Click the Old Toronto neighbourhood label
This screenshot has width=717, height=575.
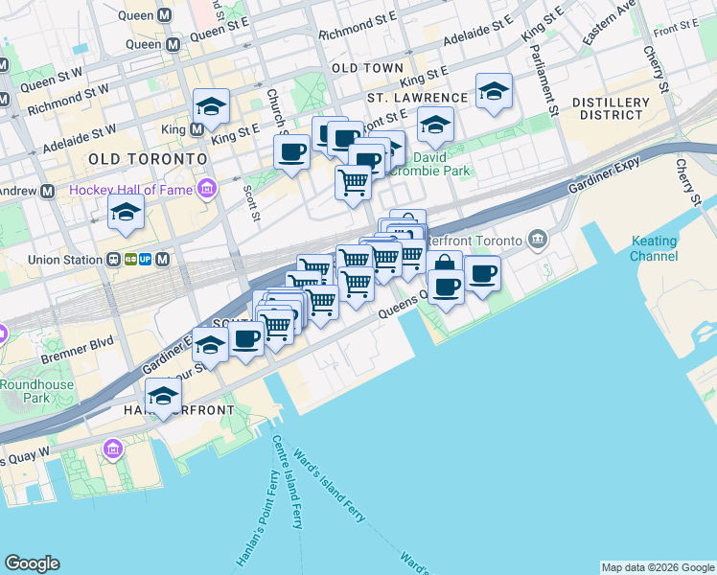coord(147,158)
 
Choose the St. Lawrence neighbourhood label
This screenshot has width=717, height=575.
coord(417,98)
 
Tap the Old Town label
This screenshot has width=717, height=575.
coord(367,69)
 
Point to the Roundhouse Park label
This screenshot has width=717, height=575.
coord(25,391)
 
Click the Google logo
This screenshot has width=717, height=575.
coord(32,563)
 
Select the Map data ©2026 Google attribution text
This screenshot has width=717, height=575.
coord(657,567)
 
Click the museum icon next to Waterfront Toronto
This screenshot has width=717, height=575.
coord(537,239)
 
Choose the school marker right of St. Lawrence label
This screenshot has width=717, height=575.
coord(494,92)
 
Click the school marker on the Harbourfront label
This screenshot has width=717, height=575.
coord(164,396)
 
